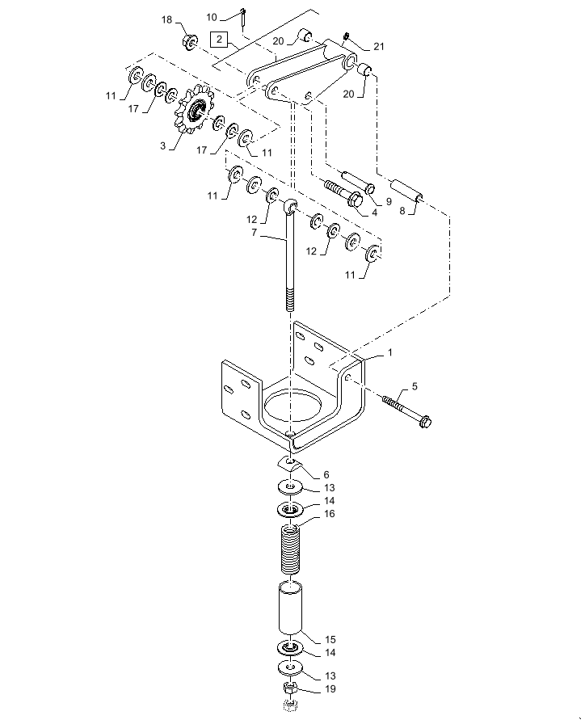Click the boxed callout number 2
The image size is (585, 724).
[218, 39]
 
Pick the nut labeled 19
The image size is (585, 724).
[292, 689]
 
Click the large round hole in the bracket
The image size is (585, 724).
[290, 405]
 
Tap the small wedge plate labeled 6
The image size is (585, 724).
[288, 462]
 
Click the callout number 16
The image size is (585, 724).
[330, 514]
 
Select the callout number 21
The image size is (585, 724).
[378, 47]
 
